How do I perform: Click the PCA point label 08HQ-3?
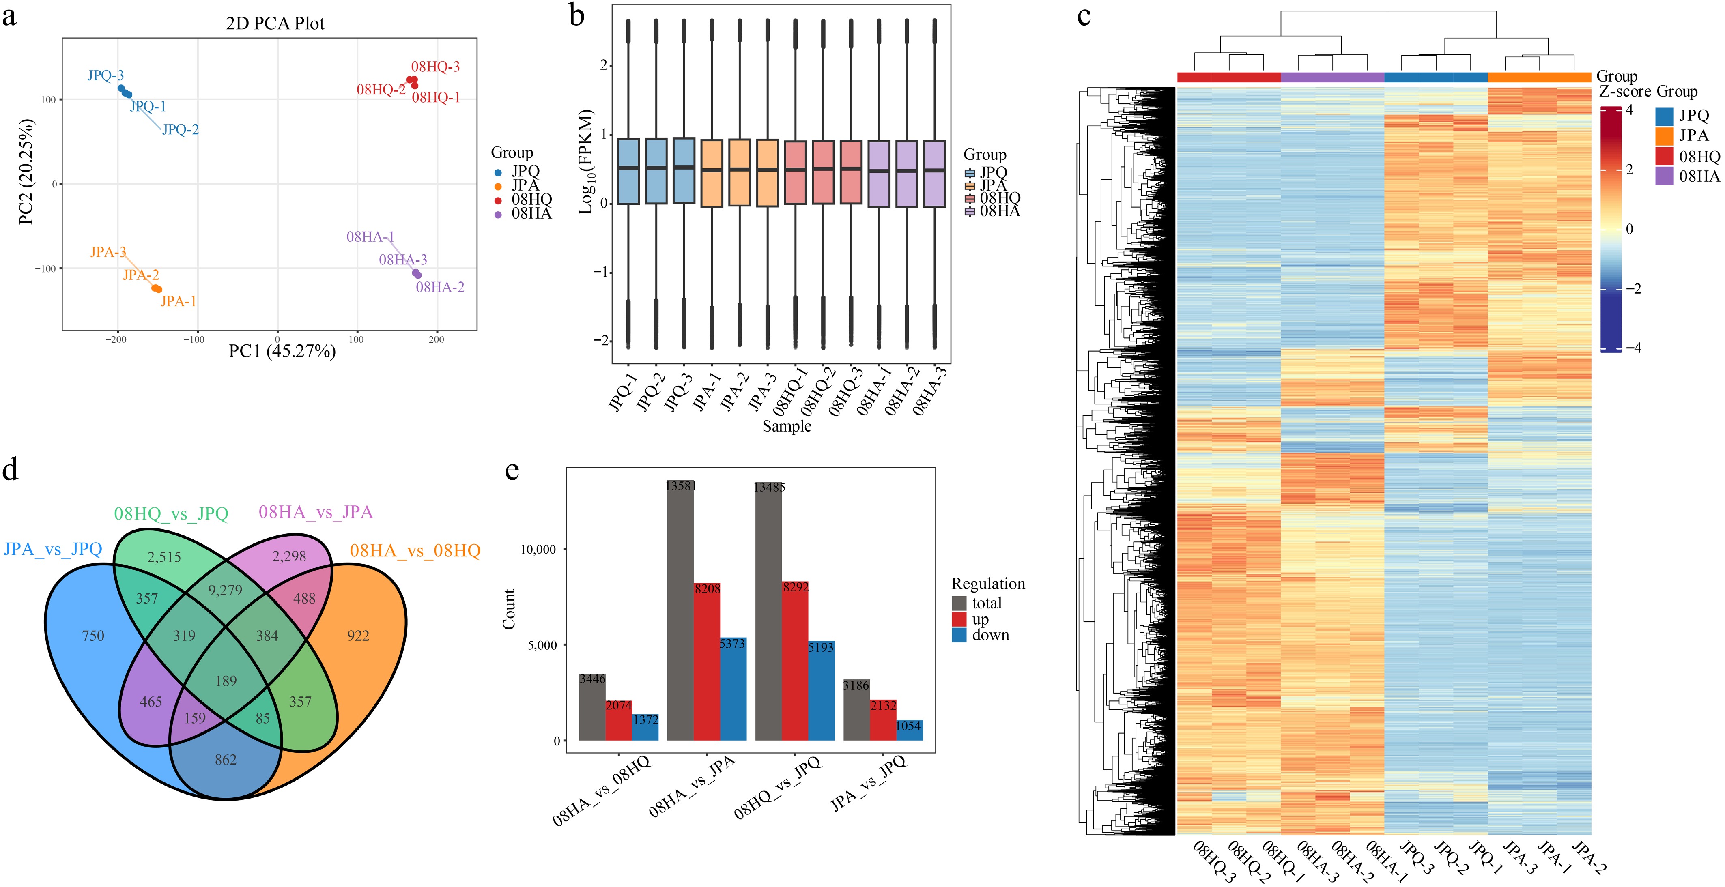[x=435, y=66]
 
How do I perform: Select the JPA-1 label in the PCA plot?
[x=178, y=301]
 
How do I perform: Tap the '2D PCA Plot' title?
[x=275, y=24]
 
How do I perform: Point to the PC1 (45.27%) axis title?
[x=282, y=351]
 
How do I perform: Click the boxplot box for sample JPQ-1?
[x=628, y=171]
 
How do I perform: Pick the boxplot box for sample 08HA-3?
[x=935, y=173]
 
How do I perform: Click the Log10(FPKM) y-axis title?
[x=587, y=161]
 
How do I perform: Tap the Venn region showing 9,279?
[x=225, y=590]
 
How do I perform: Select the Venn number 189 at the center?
[x=226, y=681]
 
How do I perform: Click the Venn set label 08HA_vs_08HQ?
[x=415, y=551]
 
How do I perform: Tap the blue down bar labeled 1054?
[x=910, y=730]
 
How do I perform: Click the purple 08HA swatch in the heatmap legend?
[x=1664, y=176]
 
